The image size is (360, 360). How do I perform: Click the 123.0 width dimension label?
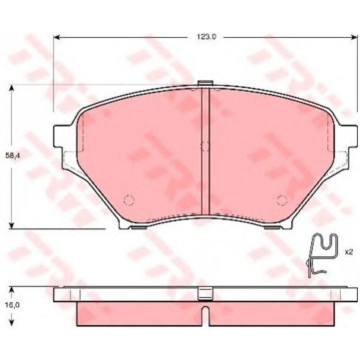207,37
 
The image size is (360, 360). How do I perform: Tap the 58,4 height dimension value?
13,156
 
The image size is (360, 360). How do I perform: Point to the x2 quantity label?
348,252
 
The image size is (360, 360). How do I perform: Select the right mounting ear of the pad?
348,136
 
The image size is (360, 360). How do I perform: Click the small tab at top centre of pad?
205,83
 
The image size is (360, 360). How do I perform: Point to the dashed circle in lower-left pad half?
129,200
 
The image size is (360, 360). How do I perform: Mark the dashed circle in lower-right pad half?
282,200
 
